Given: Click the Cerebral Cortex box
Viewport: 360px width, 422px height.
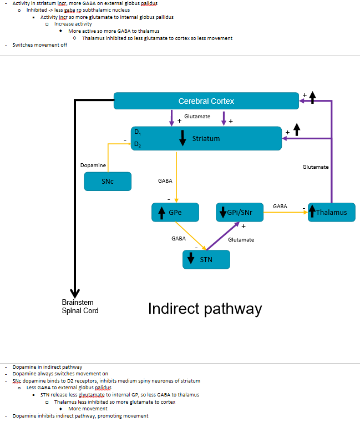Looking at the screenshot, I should [206, 101].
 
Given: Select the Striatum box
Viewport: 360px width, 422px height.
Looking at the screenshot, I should [206, 138].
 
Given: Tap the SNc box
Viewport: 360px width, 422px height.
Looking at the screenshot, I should [108, 182].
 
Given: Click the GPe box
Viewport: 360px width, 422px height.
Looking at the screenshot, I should [175, 212].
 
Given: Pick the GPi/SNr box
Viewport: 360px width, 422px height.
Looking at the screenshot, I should [239, 212].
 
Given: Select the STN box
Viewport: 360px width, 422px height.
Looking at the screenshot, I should [206, 259].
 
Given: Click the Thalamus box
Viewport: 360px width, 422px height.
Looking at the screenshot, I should [331, 212].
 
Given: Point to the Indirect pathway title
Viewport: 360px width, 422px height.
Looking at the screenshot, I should [205, 309].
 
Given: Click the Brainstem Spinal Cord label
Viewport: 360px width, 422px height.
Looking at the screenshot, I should [80, 307].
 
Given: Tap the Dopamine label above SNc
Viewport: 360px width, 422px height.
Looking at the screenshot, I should [93, 165].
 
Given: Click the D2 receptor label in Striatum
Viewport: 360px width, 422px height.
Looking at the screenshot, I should [137, 144].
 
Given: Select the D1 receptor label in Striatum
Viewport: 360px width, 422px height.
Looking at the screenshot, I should [137, 132].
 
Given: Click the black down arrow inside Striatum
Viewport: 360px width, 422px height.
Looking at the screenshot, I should [182, 139].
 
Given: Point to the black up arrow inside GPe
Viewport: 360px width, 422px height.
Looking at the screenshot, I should [161, 212].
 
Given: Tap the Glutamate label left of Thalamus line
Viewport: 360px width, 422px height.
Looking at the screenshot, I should [315, 167].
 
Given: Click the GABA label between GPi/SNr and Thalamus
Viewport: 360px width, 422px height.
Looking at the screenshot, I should [280, 206].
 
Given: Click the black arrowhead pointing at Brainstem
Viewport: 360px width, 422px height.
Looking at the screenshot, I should [75, 293].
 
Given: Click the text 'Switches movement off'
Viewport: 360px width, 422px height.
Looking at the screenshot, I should [40, 45].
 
